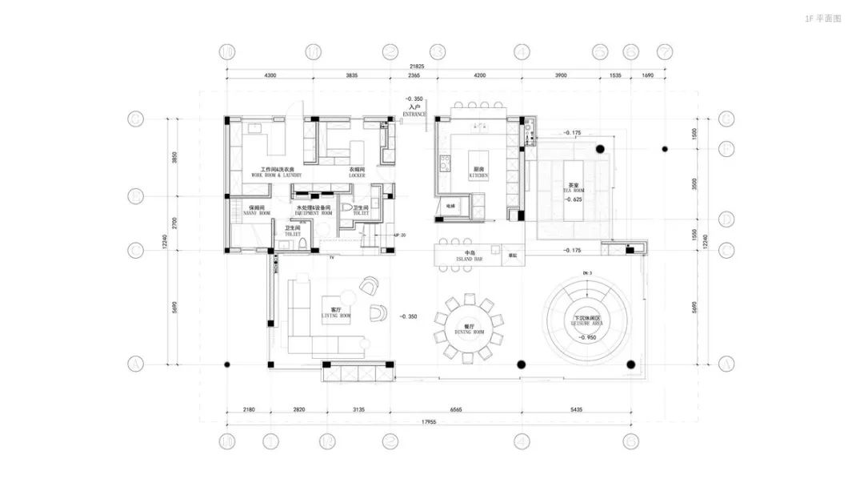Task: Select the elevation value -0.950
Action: coord(589,338)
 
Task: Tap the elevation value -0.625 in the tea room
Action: coord(572,199)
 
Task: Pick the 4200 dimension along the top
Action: coord(479,74)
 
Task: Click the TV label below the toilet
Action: coord(332,257)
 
